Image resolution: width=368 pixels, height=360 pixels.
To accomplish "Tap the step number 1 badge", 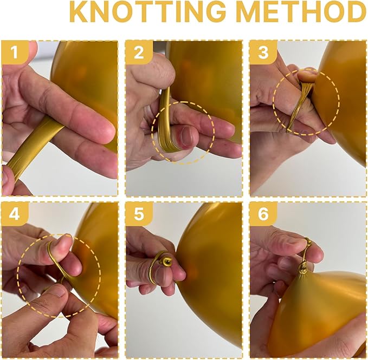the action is point(15,53).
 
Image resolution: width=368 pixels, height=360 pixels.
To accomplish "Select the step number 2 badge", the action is point(139,53).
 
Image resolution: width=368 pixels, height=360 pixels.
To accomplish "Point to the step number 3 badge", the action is point(263,53).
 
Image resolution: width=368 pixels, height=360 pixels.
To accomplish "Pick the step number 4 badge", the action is point(15,214).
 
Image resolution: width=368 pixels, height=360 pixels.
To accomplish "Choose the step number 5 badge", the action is point(139,214).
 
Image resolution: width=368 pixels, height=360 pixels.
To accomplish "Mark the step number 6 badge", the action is point(263,214).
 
